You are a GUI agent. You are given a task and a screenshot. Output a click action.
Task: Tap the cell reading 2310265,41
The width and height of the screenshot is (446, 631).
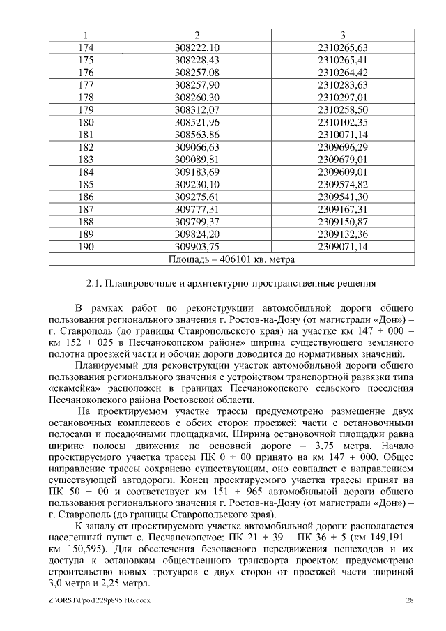[x=342, y=60]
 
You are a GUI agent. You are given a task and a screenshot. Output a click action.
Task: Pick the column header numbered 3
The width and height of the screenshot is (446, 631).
[x=342, y=35]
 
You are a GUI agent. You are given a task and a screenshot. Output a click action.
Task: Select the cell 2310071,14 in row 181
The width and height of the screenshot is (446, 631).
[x=342, y=135]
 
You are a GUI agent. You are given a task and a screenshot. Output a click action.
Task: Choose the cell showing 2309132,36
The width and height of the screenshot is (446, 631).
[x=342, y=235]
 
